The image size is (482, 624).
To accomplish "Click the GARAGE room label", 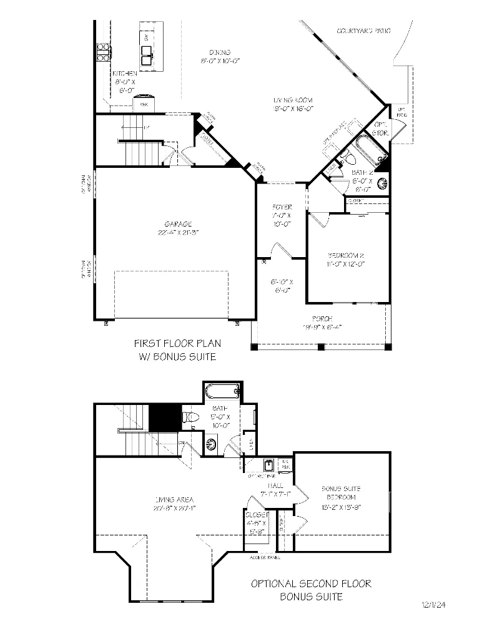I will pyautogui.click(x=178, y=224).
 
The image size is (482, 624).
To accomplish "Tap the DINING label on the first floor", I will pyautogui.click(x=220, y=52).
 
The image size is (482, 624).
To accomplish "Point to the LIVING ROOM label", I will pyautogui.click(x=292, y=100).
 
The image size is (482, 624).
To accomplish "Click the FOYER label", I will pyautogui.click(x=282, y=207).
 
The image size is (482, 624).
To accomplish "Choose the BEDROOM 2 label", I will pyautogui.click(x=346, y=255).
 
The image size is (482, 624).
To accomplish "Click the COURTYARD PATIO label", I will pyautogui.click(x=364, y=31).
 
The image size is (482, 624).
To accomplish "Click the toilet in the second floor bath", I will pyautogui.click(x=190, y=417).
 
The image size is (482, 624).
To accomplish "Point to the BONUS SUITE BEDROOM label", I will pyautogui.click(x=340, y=493).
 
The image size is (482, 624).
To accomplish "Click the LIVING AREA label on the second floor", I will pyautogui.click(x=174, y=499).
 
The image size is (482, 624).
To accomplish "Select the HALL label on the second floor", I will pyautogui.click(x=275, y=485).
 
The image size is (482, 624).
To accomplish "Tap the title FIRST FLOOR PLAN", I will pyautogui.click(x=177, y=343).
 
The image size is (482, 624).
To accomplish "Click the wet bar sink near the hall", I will pyautogui.click(x=268, y=465).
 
